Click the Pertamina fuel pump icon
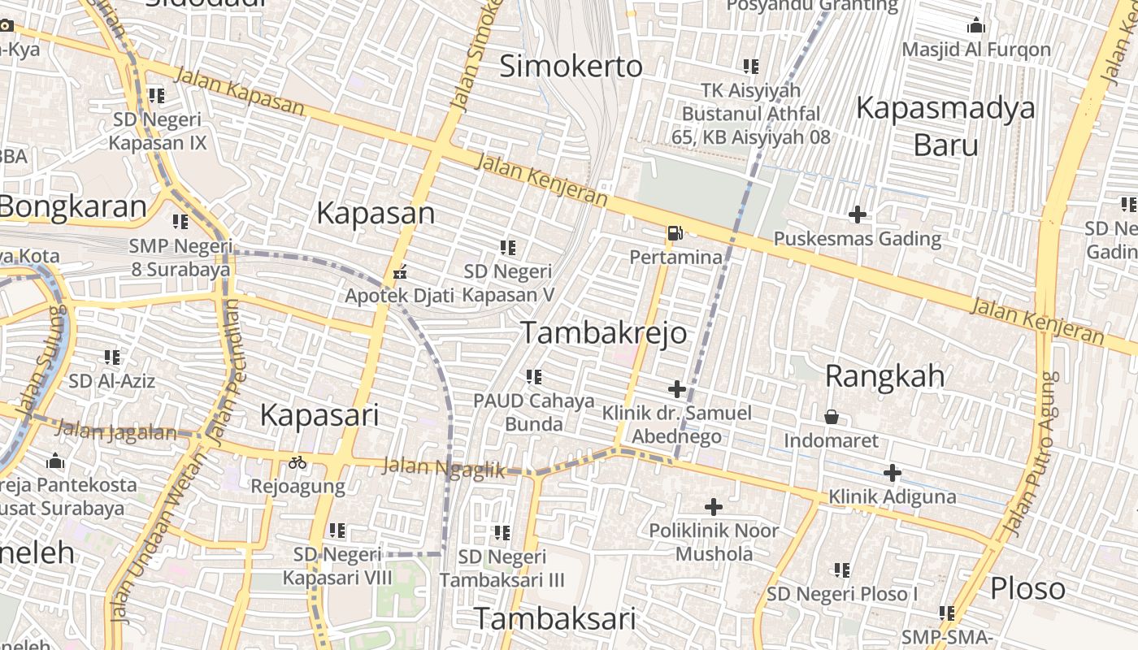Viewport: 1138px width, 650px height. pos(674,233)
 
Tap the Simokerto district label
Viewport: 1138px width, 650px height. pos(571,66)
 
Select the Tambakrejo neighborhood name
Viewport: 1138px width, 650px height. pos(603,333)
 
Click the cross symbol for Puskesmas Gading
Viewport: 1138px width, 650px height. pos(857,214)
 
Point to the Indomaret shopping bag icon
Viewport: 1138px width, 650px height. pos(832,417)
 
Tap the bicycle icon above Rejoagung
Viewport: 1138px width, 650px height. pos(298,462)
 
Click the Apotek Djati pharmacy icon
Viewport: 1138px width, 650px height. pos(399,272)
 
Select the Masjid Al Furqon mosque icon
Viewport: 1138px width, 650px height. pos(976,25)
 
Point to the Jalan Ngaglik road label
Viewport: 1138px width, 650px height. pos(443,468)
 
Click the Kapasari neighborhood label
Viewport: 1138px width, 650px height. pos(319,415)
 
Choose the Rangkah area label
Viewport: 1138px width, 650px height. pos(885,376)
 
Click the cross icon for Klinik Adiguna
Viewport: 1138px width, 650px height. pos(893,472)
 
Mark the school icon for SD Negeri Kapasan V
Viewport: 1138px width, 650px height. pos(508,247)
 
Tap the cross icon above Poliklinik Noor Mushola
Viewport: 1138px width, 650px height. pos(713,507)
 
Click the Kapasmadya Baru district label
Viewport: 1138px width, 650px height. pos(945,126)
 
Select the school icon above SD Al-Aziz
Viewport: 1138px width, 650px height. pos(112,357)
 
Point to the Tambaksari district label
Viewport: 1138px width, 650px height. pos(554,619)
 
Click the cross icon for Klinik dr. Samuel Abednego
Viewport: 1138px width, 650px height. pos(676,388)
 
